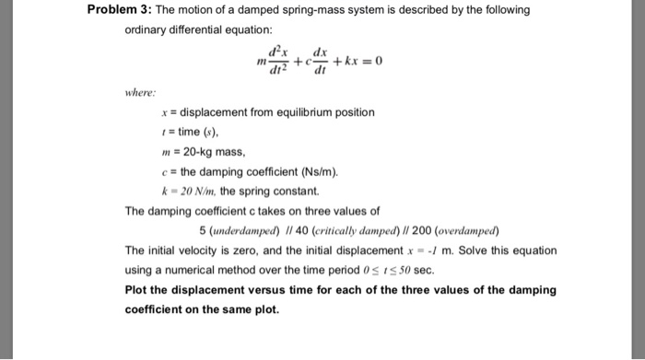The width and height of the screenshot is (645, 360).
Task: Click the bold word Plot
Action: click(x=136, y=290)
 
